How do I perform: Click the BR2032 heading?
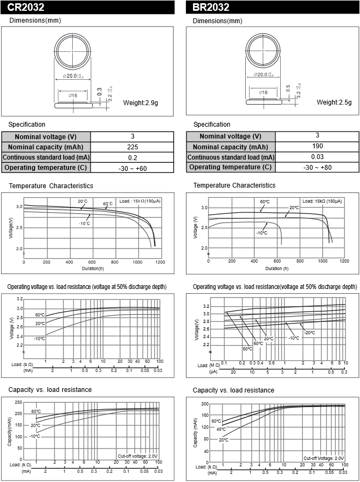coord(211,7)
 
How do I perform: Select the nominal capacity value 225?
coord(133,147)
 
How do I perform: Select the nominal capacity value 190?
coord(317,147)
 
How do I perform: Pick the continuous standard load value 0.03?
coord(317,157)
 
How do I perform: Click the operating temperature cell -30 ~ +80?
coord(317,167)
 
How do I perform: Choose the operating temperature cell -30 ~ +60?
coord(133,168)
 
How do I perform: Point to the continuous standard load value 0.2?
coord(133,157)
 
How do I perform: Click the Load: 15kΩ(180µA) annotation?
coord(322,201)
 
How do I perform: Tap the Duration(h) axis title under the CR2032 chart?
coord(93,268)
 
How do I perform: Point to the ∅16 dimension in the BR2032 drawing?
coord(264,92)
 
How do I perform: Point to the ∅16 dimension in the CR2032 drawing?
coord(73,95)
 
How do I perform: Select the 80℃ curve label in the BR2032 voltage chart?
coord(247,348)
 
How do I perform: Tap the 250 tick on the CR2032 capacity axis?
coord(19,403)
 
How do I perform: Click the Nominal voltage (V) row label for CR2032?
coord(46,136)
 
